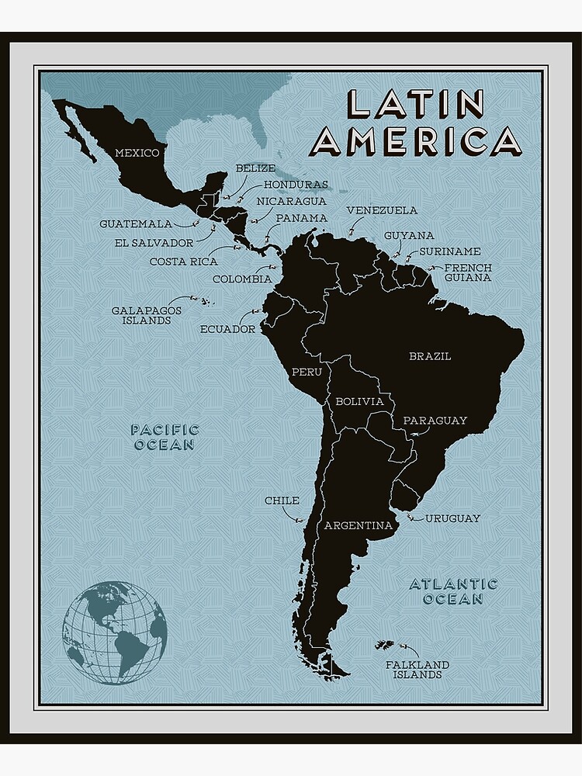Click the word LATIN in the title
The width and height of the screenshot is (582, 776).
pos(415,104)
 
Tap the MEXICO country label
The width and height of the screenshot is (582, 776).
pos(137,153)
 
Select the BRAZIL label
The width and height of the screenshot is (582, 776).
pos(430,356)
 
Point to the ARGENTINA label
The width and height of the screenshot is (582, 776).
pos(358,525)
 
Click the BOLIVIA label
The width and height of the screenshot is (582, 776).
pos(359,401)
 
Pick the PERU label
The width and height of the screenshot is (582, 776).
pos(307,372)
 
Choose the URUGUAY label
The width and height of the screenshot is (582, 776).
pos(452,518)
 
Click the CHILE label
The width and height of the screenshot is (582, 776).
pos(282,501)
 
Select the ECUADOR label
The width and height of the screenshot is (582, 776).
pos(227,329)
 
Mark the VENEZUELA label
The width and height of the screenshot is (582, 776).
pos(382,210)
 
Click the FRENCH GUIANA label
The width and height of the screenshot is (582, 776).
pos(468,272)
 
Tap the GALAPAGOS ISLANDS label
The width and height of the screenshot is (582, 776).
pos(146,314)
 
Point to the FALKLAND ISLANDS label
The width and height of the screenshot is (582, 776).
pos(417,670)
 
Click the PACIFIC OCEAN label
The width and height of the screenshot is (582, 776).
pos(165,437)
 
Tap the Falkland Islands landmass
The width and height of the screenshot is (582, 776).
pos(386,646)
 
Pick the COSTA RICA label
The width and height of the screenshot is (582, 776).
pos(184,262)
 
